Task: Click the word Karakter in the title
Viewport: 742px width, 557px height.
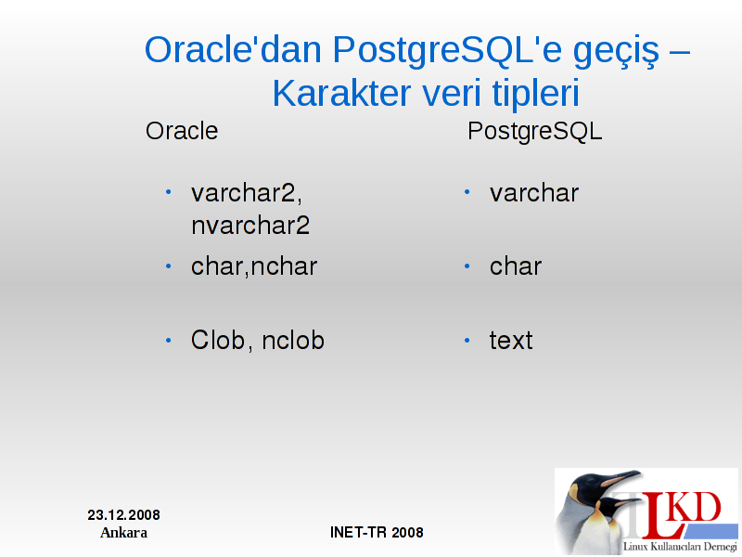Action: click(x=341, y=94)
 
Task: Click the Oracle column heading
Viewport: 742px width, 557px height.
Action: click(x=182, y=131)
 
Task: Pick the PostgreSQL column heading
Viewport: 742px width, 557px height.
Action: click(x=535, y=132)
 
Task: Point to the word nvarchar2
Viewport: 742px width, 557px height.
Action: click(x=250, y=225)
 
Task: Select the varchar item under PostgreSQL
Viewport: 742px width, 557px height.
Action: click(x=534, y=193)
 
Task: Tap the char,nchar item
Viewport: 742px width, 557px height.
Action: click(x=254, y=266)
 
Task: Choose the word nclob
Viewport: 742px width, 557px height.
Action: click(x=293, y=340)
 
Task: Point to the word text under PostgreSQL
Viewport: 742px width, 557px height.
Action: click(x=511, y=341)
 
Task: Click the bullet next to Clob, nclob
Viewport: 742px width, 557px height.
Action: click(x=169, y=340)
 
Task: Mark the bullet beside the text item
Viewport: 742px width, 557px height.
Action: click(x=467, y=340)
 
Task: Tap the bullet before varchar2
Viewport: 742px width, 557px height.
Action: click(x=169, y=192)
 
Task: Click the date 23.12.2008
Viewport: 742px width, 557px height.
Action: click(x=123, y=515)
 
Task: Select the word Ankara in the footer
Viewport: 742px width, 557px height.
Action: click(x=123, y=533)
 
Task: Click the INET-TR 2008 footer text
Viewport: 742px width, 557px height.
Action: click(x=377, y=532)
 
